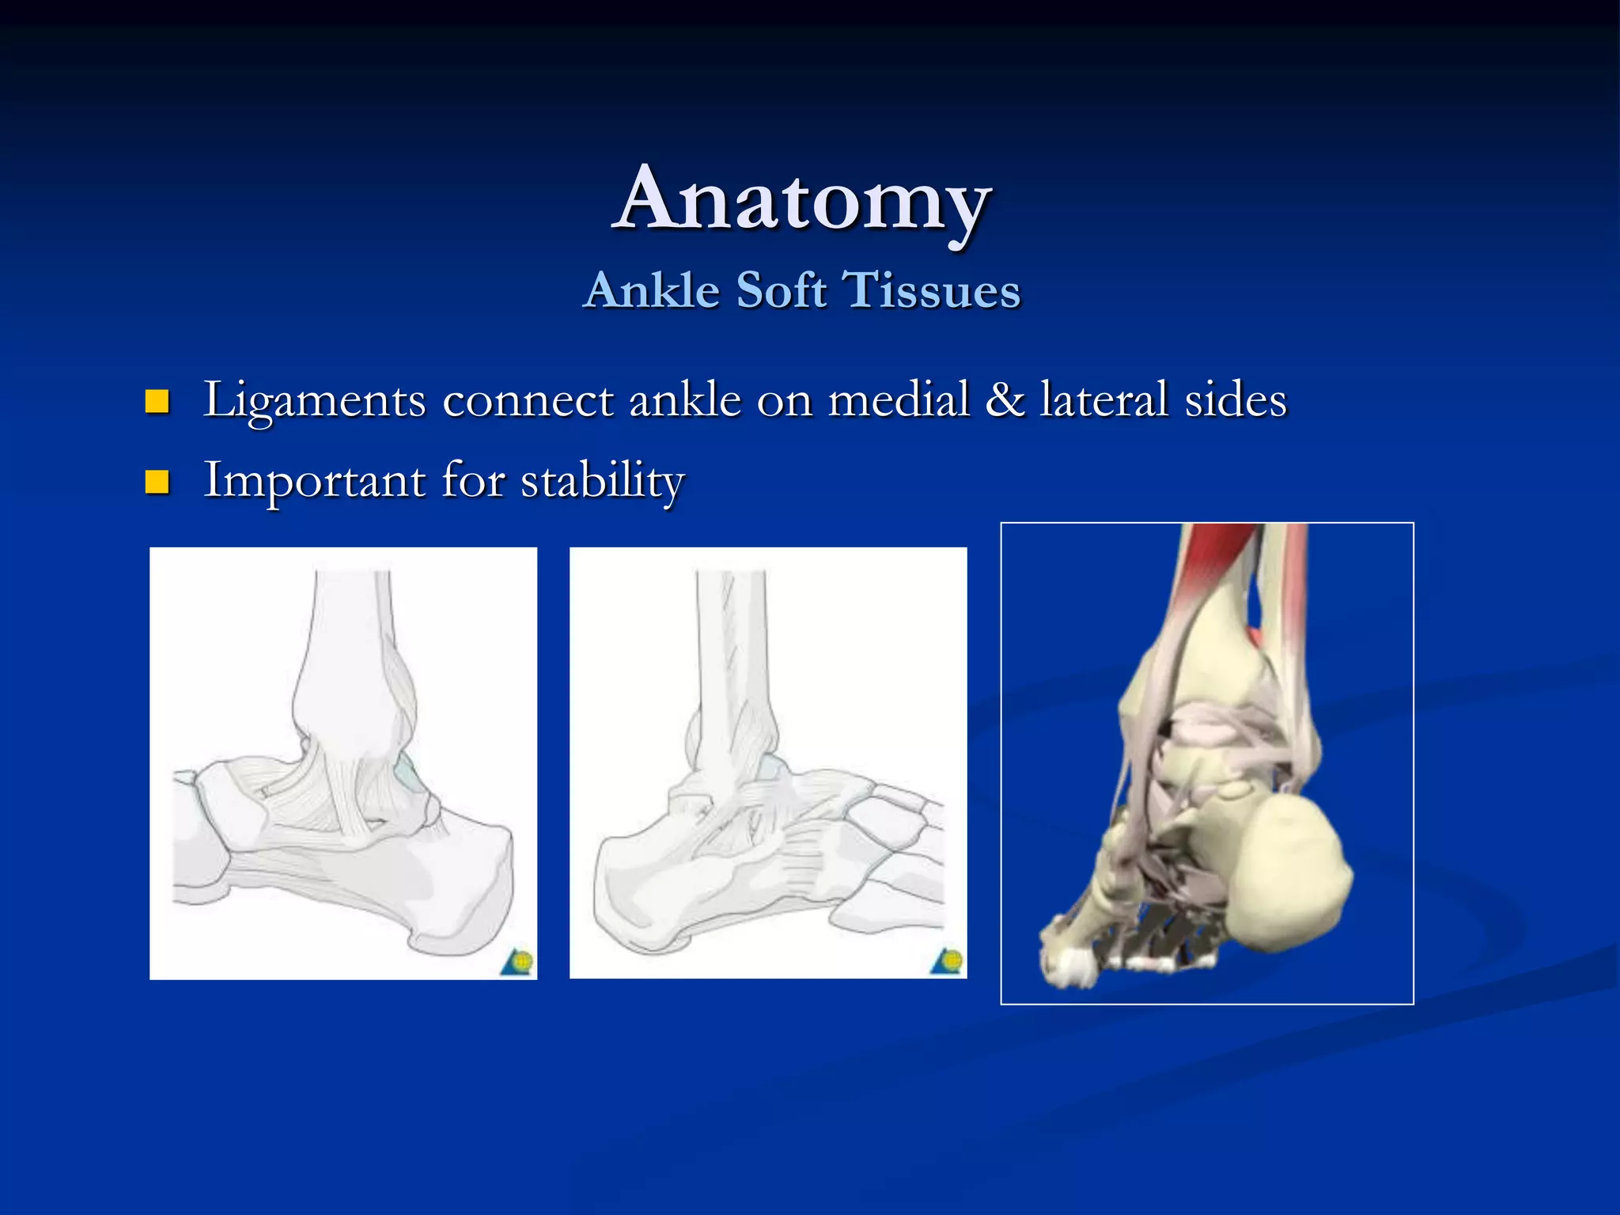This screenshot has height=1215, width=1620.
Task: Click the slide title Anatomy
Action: pyautogui.click(x=802, y=199)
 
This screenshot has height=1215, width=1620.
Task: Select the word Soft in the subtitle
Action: pyautogui.click(x=782, y=290)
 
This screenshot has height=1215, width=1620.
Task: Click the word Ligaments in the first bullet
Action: pyautogui.click(x=314, y=400)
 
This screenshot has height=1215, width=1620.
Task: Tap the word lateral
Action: pyautogui.click(x=1103, y=399)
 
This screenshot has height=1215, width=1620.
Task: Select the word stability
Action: pyautogui.click(x=602, y=481)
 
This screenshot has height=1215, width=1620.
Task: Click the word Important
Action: pyautogui.click(x=314, y=481)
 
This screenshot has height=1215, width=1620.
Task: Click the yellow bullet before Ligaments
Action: pyautogui.click(x=157, y=402)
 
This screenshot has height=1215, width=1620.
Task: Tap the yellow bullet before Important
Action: pyautogui.click(x=157, y=482)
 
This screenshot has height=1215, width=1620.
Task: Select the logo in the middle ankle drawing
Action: pyautogui.click(x=948, y=962)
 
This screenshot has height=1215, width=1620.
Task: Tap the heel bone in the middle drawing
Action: pyautogui.click(x=641, y=886)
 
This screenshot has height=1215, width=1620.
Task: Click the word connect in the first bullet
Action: pyautogui.click(x=528, y=400)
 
